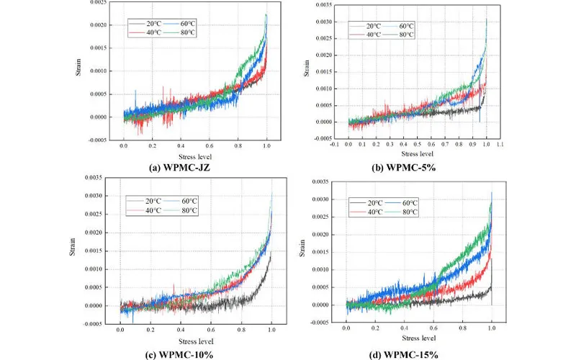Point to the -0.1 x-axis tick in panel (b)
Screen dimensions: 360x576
pyautogui.click(x=333, y=145)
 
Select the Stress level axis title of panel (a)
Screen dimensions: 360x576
pyautogui.click(x=195, y=156)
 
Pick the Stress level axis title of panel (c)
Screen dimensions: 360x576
pyautogui.click(x=195, y=339)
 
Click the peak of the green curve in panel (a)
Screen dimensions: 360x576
pyautogui.click(x=266, y=14)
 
